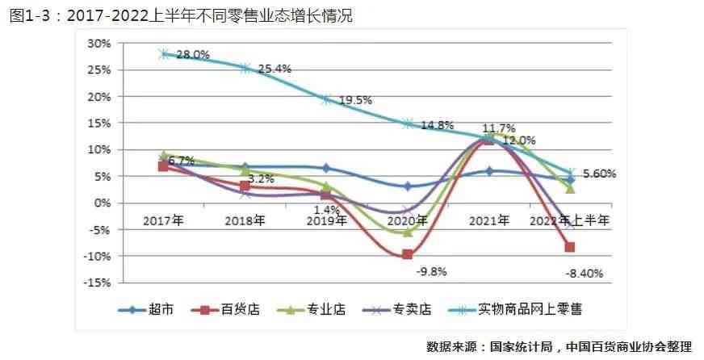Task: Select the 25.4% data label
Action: coord(274,69)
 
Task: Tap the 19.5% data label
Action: coord(355,100)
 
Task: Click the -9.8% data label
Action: coord(431,271)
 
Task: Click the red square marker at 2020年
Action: coord(407,254)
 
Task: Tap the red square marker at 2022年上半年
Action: coord(570,248)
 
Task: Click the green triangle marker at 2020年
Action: coord(407,232)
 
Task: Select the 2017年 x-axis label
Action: coord(164,220)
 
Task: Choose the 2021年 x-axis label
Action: coord(488,220)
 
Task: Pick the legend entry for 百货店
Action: coord(229,309)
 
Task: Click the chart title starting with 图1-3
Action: coord(182,15)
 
